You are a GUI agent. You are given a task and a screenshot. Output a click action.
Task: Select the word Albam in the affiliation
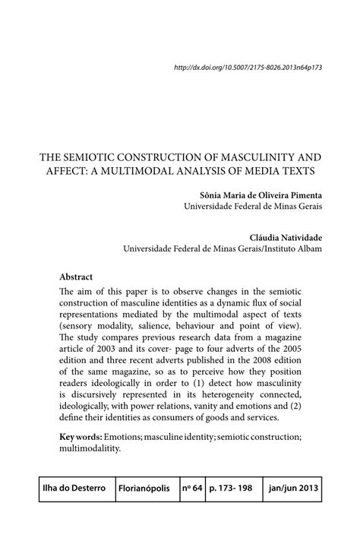tap(308, 248)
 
